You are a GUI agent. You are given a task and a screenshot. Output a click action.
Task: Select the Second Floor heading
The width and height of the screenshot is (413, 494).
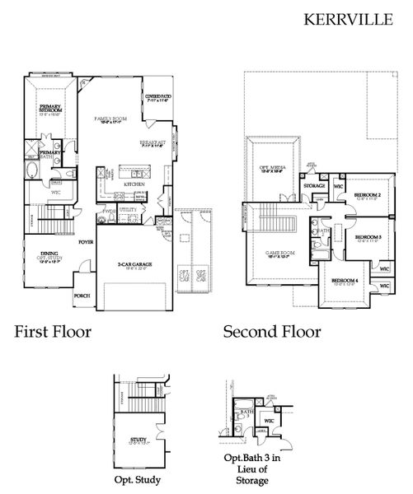pos(272,332)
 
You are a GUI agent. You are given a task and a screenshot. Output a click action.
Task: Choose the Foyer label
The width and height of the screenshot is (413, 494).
pos(85,243)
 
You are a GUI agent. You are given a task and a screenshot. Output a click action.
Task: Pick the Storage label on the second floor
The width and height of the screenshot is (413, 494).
pos(314,186)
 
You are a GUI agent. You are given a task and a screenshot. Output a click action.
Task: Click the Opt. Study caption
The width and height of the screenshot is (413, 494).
pos(137,479)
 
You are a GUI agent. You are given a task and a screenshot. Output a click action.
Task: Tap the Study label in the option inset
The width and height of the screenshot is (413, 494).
pos(138,440)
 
